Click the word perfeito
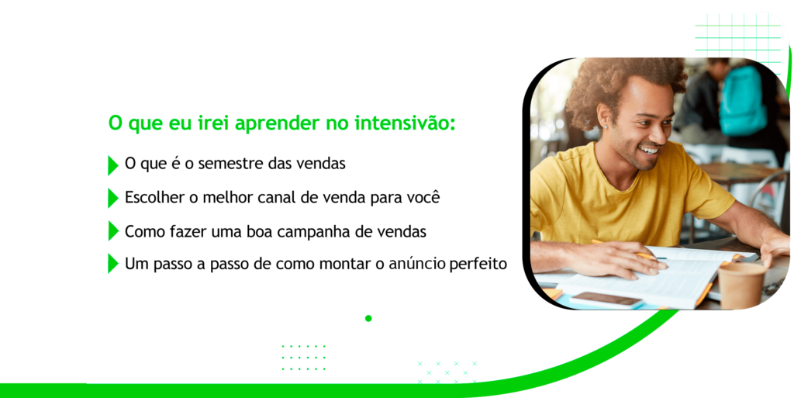click(x=478, y=264)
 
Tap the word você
click(x=419, y=197)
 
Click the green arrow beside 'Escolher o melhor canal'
click(x=112, y=198)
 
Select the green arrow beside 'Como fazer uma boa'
click(x=112, y=231)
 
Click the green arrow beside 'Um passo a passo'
click(x=112, y=264)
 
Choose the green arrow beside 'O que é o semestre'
click(x=112, y=165)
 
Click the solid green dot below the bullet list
click(x=368, y=318)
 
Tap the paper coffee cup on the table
click(x=740, y=284)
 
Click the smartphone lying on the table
click(x=606, y=299)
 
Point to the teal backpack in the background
click(x=743, y=101)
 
